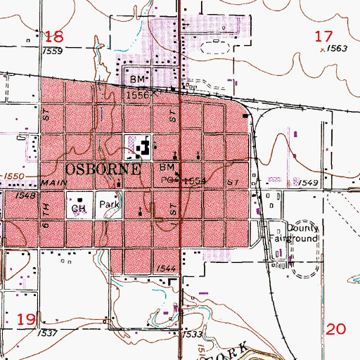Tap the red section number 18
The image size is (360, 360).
click(x=54, y=37)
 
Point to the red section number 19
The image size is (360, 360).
click(x=26, y=320)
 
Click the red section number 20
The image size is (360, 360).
click(x=337, y=328)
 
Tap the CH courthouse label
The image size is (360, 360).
click(x=79, y=209)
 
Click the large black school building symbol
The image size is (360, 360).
click(x=143, y=148)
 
